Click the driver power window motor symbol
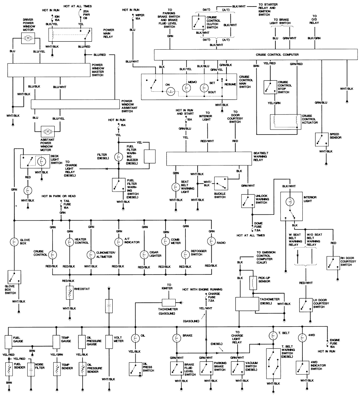pos(27,38)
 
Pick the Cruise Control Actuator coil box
pos(284,121)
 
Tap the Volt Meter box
pos(108,340)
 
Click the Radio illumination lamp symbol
pos(211,241)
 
